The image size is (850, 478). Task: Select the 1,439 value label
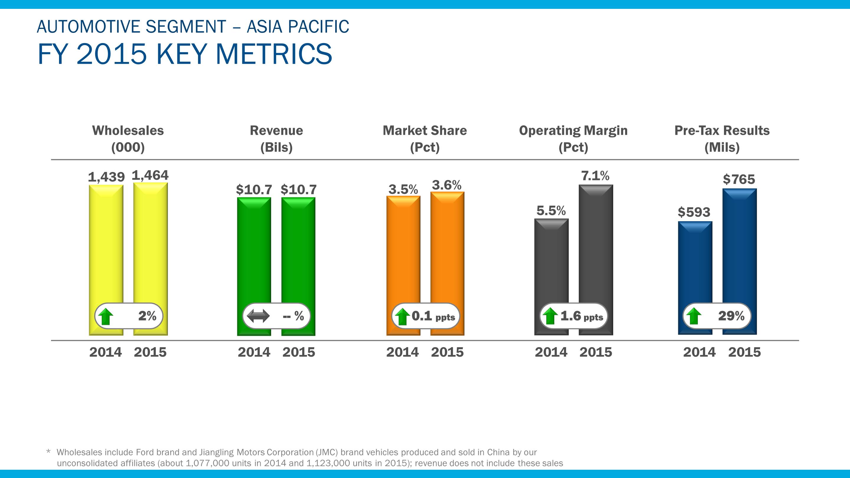pos(106,177)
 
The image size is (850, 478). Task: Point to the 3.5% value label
pos(403,189)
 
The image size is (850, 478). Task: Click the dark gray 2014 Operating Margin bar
pos(551,264)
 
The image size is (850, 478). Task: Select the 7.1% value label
pos(595,176)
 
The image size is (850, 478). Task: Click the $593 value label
pos(694,212)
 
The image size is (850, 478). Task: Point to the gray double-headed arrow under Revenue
pos(258,316)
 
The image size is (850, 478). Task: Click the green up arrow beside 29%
pos(694,316)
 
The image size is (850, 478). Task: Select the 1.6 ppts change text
pos(581,316)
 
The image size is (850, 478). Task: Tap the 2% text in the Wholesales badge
pos(147,316)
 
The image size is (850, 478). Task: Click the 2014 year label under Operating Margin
pos(551,352)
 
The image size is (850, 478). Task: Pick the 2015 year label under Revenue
pos(299,352)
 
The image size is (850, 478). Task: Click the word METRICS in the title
pos(274,54)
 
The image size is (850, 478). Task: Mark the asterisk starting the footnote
pos(48,451)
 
